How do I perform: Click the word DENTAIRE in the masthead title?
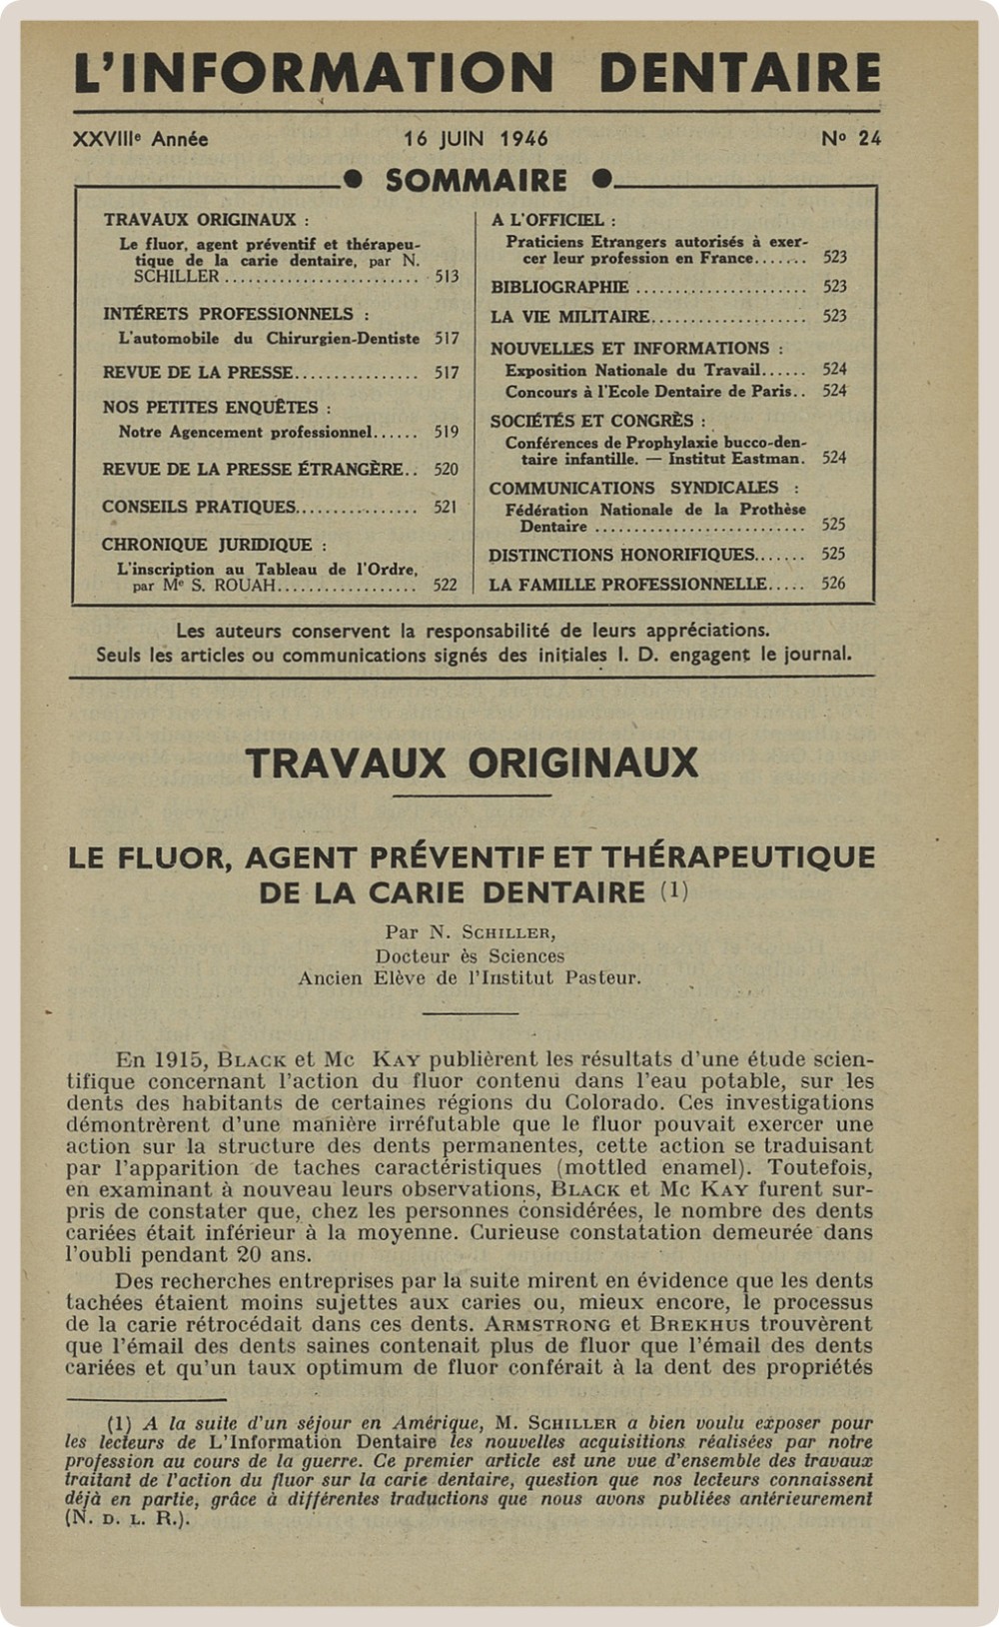point(739,73)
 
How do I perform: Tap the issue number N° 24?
point(851,139)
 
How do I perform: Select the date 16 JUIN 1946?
point(476,139)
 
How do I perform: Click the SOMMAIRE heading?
point(477,181)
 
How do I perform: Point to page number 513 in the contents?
point(447,277)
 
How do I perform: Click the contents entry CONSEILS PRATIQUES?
point(199,507)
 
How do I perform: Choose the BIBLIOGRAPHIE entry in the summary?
point(559,287)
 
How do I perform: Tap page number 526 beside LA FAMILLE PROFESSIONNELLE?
point(833,584)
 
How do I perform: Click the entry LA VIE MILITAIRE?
point(569,317)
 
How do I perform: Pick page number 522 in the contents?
point(445,586)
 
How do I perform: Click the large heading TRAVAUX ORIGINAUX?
point(472,764)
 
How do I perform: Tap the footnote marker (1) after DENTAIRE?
point(674,890)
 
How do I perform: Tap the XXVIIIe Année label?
point(141,139)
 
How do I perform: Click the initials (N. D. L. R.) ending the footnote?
point(127,1518)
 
